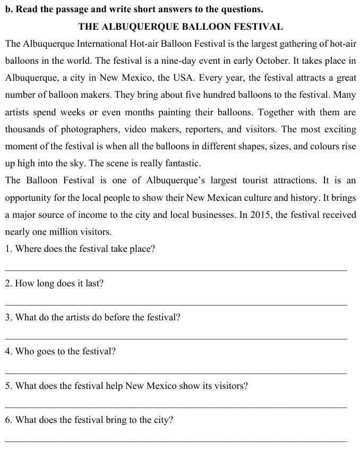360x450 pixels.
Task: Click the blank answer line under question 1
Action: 176,270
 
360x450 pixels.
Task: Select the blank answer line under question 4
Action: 176,372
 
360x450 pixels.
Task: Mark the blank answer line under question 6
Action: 176,440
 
